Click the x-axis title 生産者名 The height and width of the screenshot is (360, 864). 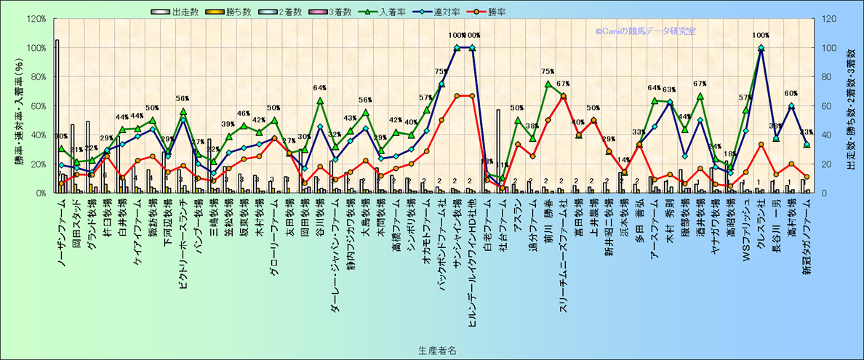[436, 350]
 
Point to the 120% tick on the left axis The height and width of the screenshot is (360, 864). [36, 19]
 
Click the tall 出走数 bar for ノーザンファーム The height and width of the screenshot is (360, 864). [57, 116]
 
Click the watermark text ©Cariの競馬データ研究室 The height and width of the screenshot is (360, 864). [646, 31]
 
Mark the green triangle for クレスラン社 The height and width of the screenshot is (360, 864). [761, 48]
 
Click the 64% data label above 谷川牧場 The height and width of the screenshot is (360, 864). [319, 89]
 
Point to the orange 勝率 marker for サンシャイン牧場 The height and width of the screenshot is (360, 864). [457, 96]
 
